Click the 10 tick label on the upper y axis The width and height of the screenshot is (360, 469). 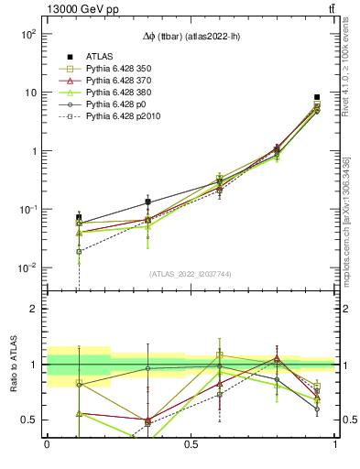coord(29,93)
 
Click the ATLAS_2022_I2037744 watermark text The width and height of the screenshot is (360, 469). coord(191,274)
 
